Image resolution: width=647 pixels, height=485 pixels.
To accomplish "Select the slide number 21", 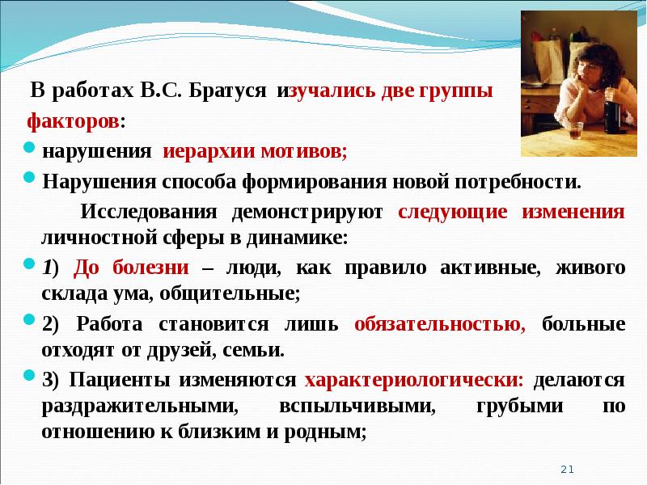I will point(566,469).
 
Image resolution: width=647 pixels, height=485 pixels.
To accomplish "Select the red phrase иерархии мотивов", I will point(255,150).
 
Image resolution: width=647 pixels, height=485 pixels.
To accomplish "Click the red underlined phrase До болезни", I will point(132,268).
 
